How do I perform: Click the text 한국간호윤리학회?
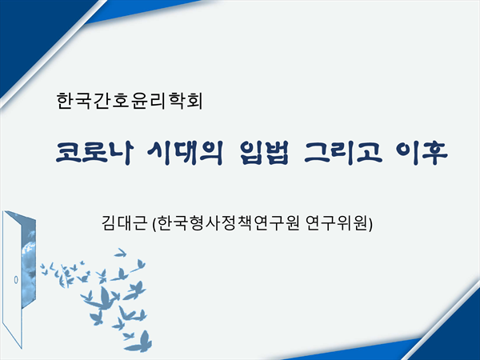[130, 101]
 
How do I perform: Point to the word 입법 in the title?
[264, 153]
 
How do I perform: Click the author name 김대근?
[124, 223]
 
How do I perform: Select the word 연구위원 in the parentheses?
[336, 223]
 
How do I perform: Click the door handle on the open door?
[16, 279]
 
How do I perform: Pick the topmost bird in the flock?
[121, 253]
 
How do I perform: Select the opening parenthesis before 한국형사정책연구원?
[154, 223]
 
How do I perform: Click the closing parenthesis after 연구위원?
[370, 223]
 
